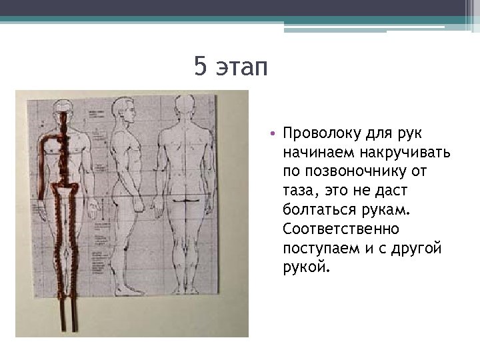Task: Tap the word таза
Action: click(x=299, y=191)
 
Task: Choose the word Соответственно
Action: click(x=341, y=229)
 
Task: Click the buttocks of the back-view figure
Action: click(x=182, y=198)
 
